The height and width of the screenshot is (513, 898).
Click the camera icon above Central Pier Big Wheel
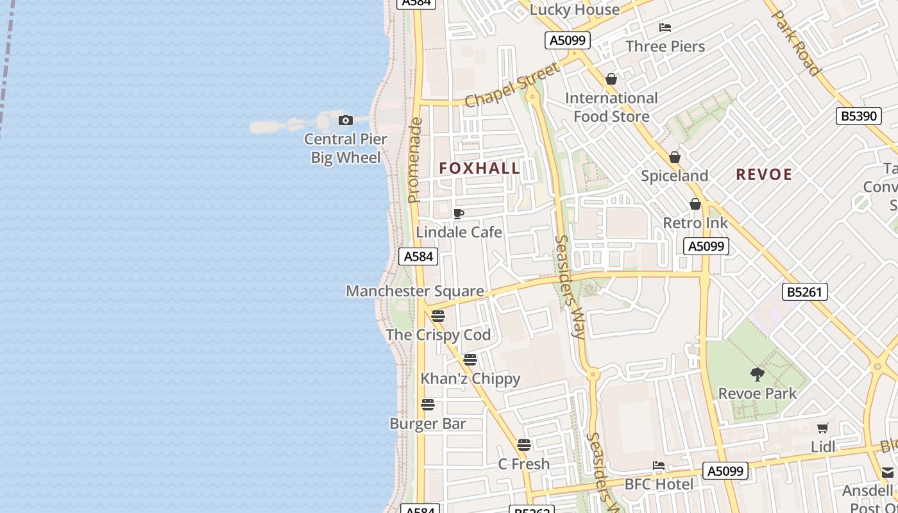click(x=346, y=120)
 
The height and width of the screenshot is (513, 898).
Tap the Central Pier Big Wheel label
click(x=346, y=148)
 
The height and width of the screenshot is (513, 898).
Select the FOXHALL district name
click(x=479, y=168)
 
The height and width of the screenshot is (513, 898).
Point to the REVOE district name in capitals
click(x=764, y=174)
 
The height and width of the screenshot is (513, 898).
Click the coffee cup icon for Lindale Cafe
click(x=459, y=214)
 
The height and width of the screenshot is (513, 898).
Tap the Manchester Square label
click(x=415, y=291)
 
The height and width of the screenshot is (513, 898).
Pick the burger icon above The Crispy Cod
click(x=438, y=315)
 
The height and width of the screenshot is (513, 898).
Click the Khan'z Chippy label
click(x=470, y=379)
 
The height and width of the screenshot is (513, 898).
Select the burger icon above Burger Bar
click(x=428, y=405)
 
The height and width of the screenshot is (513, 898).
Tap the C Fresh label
click(x=524, y=464)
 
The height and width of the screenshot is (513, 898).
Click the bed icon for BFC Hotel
click(x=659, y=466)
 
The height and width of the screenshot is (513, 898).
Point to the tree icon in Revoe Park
click(x=758, y=374)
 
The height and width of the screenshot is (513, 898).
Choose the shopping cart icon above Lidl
click(x=823, y=428)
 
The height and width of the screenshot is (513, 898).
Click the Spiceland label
click(x=675, y=176)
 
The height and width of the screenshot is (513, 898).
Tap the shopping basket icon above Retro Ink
click(x=695, y=205)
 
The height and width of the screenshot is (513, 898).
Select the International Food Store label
click(x=611, y=107)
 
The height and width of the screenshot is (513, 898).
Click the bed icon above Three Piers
click(x=665, y=28)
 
